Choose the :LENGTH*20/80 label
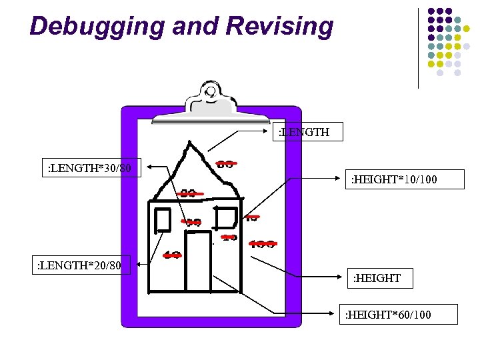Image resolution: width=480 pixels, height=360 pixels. pyautogui.click(x=79, y=265)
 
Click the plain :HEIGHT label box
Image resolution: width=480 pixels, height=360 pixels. pyautogui.click(x=377, y=278)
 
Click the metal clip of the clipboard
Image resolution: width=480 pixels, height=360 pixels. pyautogui.click(x=211, y=103)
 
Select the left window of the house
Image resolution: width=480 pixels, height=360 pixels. pyautogui.click(x=163, y=219)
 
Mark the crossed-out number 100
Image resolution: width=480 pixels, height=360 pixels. pyautogui.click(x=263, y=244)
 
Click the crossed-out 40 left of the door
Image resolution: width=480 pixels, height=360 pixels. pyautogui.click(x=172, y=255)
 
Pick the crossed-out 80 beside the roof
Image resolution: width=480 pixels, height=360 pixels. pyautogui.click(x=225, y=163)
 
